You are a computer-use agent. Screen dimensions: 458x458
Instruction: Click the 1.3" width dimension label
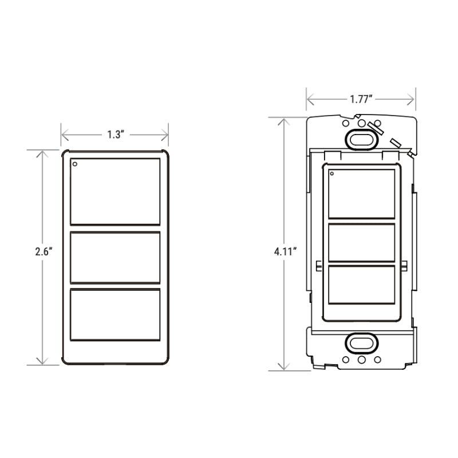coord(116,135)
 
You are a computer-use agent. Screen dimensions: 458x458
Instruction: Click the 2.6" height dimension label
coord(44,251)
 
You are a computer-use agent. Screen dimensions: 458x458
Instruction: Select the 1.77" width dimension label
coord(361,99)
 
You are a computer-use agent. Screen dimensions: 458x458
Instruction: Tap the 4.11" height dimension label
coord(285,251)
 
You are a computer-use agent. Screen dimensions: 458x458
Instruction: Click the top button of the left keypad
coord(115,192)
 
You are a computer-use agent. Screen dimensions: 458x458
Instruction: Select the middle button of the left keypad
coord(115,258)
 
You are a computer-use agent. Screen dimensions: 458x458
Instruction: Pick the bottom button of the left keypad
coord(115,314)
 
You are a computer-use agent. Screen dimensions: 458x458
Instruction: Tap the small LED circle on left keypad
coord(75,164)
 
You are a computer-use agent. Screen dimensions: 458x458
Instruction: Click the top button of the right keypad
coord(362,194)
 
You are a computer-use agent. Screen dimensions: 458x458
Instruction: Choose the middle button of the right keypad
coord(362,243)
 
